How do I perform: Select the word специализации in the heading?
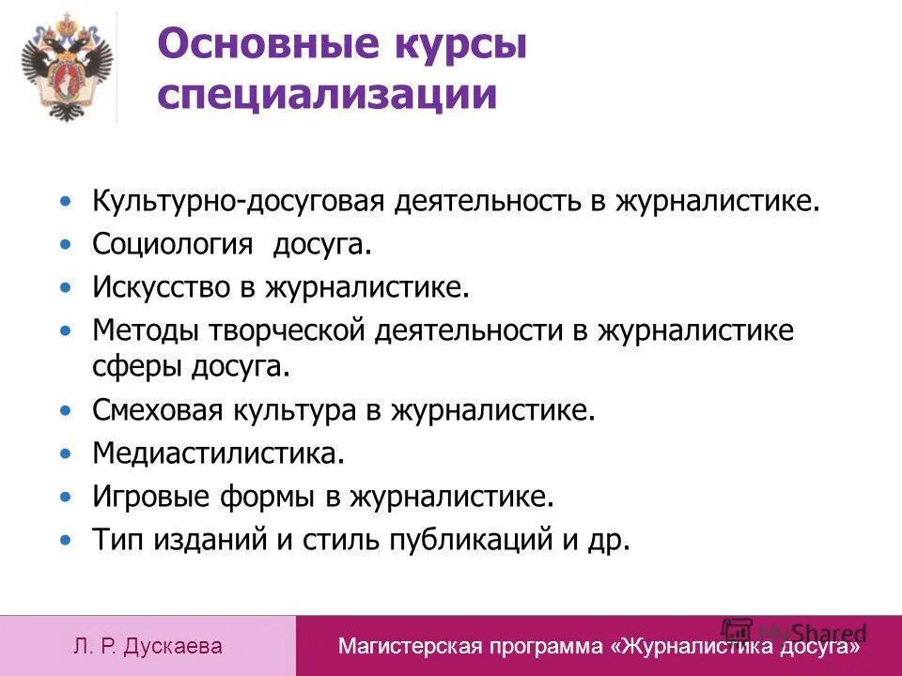327,95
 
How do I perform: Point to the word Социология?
173,245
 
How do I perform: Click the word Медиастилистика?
218,453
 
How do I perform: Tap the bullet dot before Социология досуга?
65,246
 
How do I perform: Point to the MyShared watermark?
794,632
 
